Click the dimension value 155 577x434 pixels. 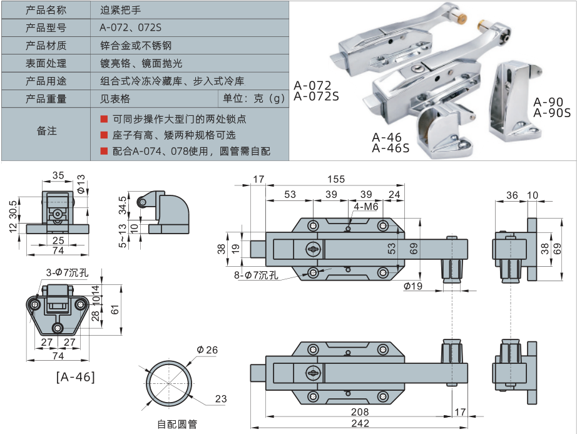point(336,180)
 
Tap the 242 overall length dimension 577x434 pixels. point(360,423)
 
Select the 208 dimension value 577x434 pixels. point(360,411)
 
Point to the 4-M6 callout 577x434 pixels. point(365,207)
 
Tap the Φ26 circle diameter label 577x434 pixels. point(207,349)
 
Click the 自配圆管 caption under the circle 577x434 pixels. point(177,424)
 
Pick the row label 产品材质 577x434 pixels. point(46,46)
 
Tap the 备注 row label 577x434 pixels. point(46,131)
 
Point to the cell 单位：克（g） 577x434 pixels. point(253,98)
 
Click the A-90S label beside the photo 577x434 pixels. point(551,113)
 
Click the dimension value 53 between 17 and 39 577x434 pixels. point(290,195)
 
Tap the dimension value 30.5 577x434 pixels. point(14,209)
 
